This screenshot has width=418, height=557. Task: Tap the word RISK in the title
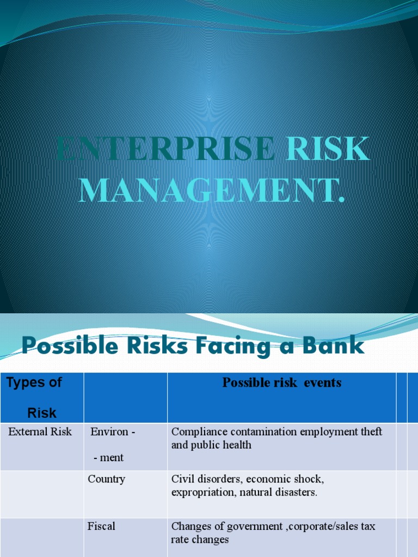[325, 149]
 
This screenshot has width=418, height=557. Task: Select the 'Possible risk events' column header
[281, 382]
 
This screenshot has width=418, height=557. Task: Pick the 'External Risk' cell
[40, 432]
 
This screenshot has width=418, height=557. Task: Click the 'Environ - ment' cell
[112, 444]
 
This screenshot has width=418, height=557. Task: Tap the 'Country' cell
[107, 479]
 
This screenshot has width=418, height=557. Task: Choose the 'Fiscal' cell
[101, 526]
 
